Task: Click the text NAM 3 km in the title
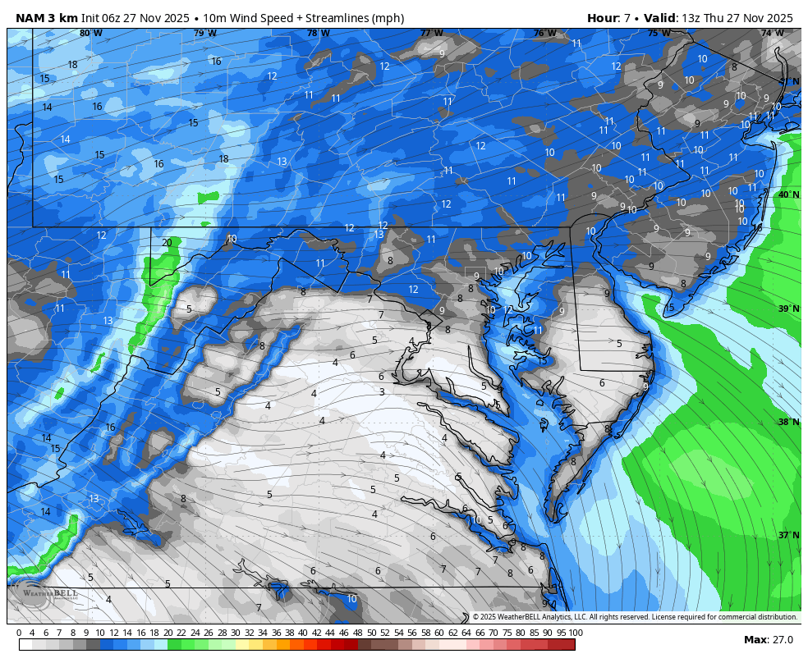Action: (x=46, y=18)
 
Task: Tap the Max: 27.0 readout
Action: (x=768, y=640)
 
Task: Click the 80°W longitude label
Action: (x=91, y=34)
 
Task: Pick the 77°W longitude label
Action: (x=431, y=34)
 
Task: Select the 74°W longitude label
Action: (x=772, y=34)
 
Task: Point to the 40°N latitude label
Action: (x=788, y=195)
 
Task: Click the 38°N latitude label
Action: (x=788, y=423)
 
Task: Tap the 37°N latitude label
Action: (x=788, y=535)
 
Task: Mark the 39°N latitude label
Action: (x=788, y=309)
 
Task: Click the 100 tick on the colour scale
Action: (x=576, y=633)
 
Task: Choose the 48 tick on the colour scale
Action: (x=357, y=633)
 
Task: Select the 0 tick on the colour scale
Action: (x=19, y=633)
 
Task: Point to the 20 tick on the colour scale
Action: (x=168, y=633)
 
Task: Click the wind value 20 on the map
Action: (x=167, y=243)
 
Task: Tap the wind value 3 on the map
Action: (x=382, y=392)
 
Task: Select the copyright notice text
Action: (x=634, y=617)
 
